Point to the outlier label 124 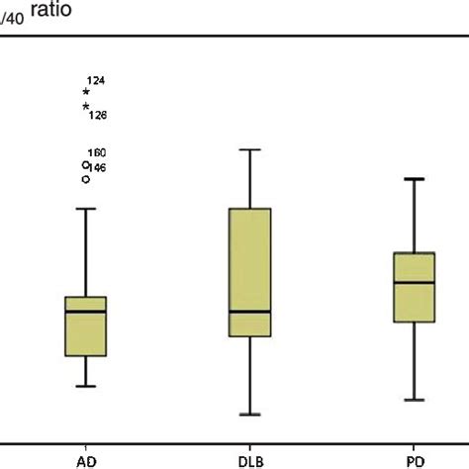[x=96, y=80]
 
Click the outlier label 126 [x=97, y=116]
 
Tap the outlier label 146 [x=97, y=168]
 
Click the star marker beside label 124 [x=86, y=92]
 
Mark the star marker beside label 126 [x=86, y=107]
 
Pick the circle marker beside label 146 [x=86, y=179]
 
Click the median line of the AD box [x=86, y=312]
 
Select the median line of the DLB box [x=249, y=311]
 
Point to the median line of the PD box [x=414, y=282]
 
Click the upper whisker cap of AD [x=86, y=209]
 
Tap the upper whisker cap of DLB [x=249, y=149]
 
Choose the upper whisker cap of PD [x=414, y=179]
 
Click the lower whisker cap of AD [x=86, y=386]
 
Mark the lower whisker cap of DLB [x=249, y=415]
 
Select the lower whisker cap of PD [x=414, y=400]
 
